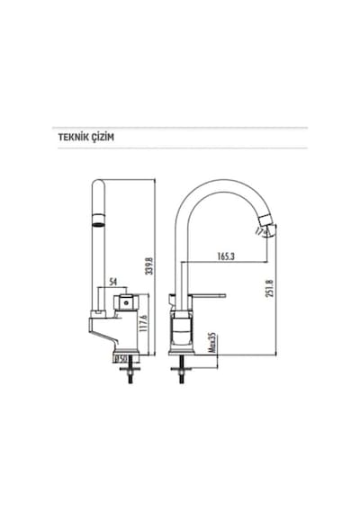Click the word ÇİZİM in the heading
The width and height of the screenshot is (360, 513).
(103, 137)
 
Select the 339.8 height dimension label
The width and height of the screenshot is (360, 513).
(149, 265)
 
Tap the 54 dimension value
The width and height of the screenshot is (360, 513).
(112, 282)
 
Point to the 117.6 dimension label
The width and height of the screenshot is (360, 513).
(143, 323)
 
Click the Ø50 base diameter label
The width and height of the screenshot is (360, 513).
(121, 359)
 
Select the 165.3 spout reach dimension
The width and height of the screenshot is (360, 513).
(226, 256)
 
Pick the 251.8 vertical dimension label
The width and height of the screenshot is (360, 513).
(270, 288)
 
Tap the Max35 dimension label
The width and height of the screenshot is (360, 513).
(212, 343)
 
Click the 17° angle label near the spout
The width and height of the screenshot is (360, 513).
(260, 231)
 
